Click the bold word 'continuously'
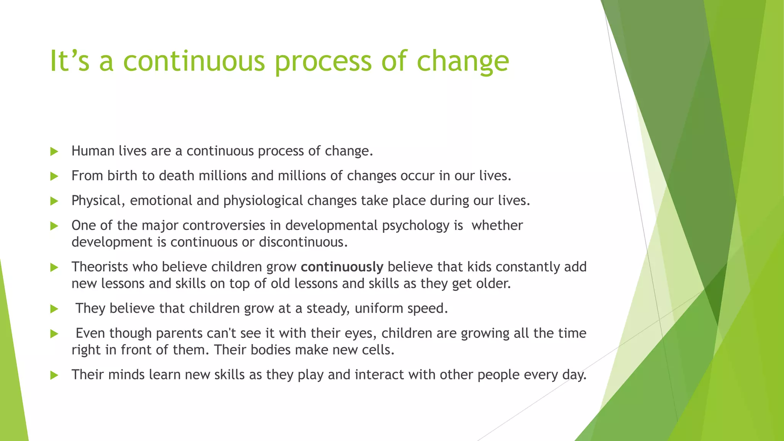click(x=342, y=267)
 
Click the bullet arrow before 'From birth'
click(x=54, y=176)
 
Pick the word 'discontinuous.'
click(x=303, y=242)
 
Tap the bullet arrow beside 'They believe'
click(x=54, y=309)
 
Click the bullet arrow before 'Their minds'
click(x=54, y=375)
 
